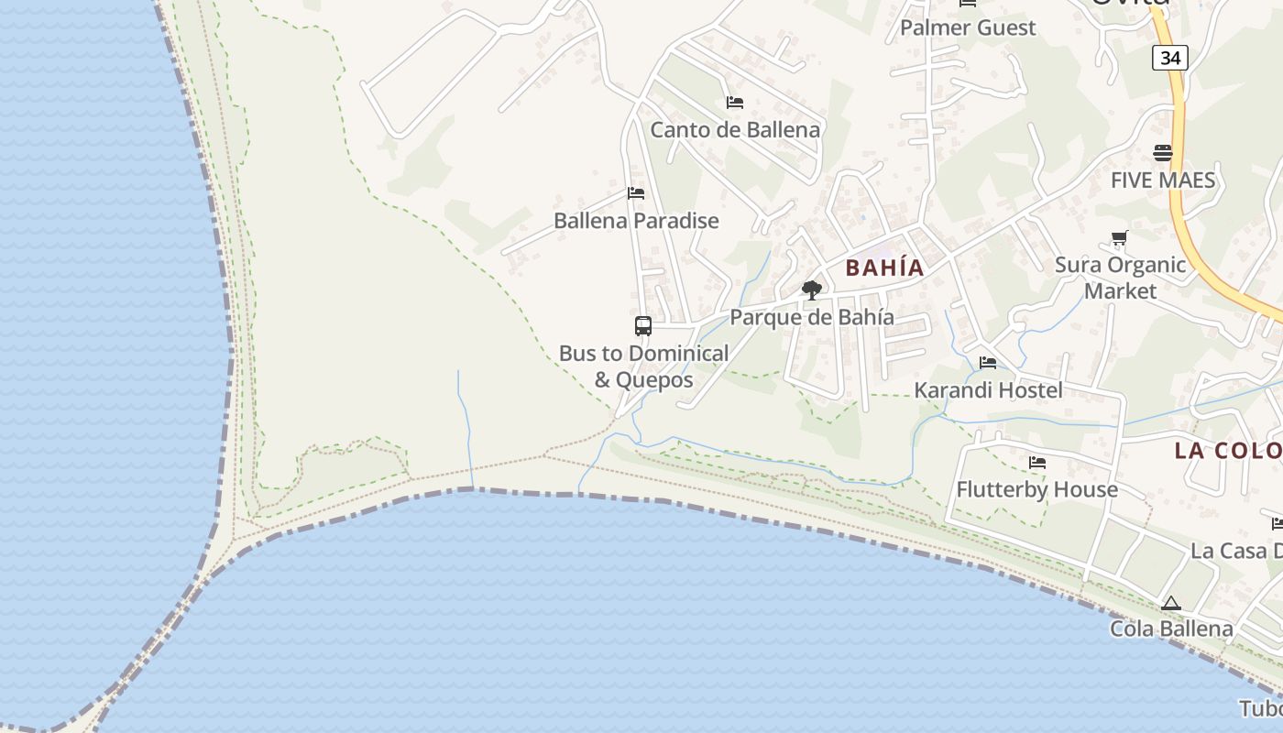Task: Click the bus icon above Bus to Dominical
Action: pos(643,325)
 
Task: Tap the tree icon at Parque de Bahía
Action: pos(811,290)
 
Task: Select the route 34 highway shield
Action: pos(1169,58)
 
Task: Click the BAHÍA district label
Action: pos(884,268)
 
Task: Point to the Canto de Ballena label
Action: pos(735,130)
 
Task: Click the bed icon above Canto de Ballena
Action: pos(734,103)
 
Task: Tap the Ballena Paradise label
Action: pos(636,221)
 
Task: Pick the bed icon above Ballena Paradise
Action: pos(636,193)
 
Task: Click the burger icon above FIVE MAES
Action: pos(1162,152)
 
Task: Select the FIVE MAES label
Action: pos(1162,180)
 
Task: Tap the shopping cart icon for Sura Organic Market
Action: pos(1119,239)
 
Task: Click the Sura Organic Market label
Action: pos(1120,278)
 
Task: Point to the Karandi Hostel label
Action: pos(988,390)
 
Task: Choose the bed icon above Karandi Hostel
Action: pos(987,363)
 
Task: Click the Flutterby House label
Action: pos(1036,489)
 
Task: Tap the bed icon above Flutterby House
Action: pos(1036,463)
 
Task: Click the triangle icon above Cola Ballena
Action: pos(1170,603)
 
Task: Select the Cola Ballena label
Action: pos(1170,629)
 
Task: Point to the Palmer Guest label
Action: pos(967,27)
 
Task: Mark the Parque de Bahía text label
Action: pos(811,318)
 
